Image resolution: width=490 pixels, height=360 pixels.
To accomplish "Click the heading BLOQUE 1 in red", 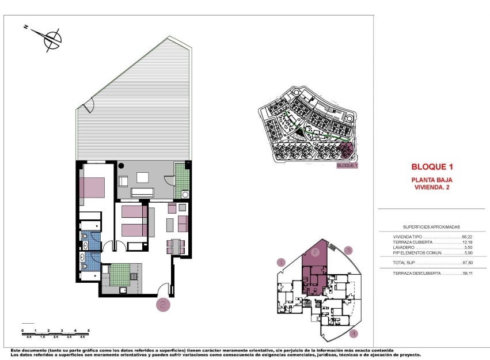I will pyautogui.click(x=432, y=167).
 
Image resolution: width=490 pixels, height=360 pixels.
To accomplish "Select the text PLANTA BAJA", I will pyautogui.click(x=432, y=180).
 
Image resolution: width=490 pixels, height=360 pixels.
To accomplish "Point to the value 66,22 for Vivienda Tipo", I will pyautogui.click(x=467, y=237).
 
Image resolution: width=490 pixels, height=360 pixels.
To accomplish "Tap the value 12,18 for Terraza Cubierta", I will pyautogui.click(x=467, y=242).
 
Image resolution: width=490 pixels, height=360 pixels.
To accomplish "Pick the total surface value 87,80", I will pyautogui.click(x=467, y=263).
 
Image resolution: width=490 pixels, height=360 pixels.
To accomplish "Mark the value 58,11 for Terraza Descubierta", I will pyautogui.click(x=467, y=274).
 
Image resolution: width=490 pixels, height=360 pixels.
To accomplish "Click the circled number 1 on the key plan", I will pyautogui.click(x=280, y=262).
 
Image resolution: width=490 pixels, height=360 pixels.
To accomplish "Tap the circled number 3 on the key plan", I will pyautogui.click(x=348, y=250).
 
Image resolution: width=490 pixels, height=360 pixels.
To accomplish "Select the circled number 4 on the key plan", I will pyautogui.click(x=354, y=332).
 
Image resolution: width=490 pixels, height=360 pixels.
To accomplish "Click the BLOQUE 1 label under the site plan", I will pyautogui.click(x=347, y=165).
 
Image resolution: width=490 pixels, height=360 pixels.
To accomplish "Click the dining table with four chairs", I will pyautogui.click(x=176, y=246).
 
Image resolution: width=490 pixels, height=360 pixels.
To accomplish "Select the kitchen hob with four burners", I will pyautogui.click(x=134, y=276).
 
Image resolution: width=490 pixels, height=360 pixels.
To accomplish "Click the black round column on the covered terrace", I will pyautogui.click(x=121, y=166).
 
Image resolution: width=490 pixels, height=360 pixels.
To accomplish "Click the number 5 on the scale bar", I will pyautogui.click(x=89, y=329).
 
